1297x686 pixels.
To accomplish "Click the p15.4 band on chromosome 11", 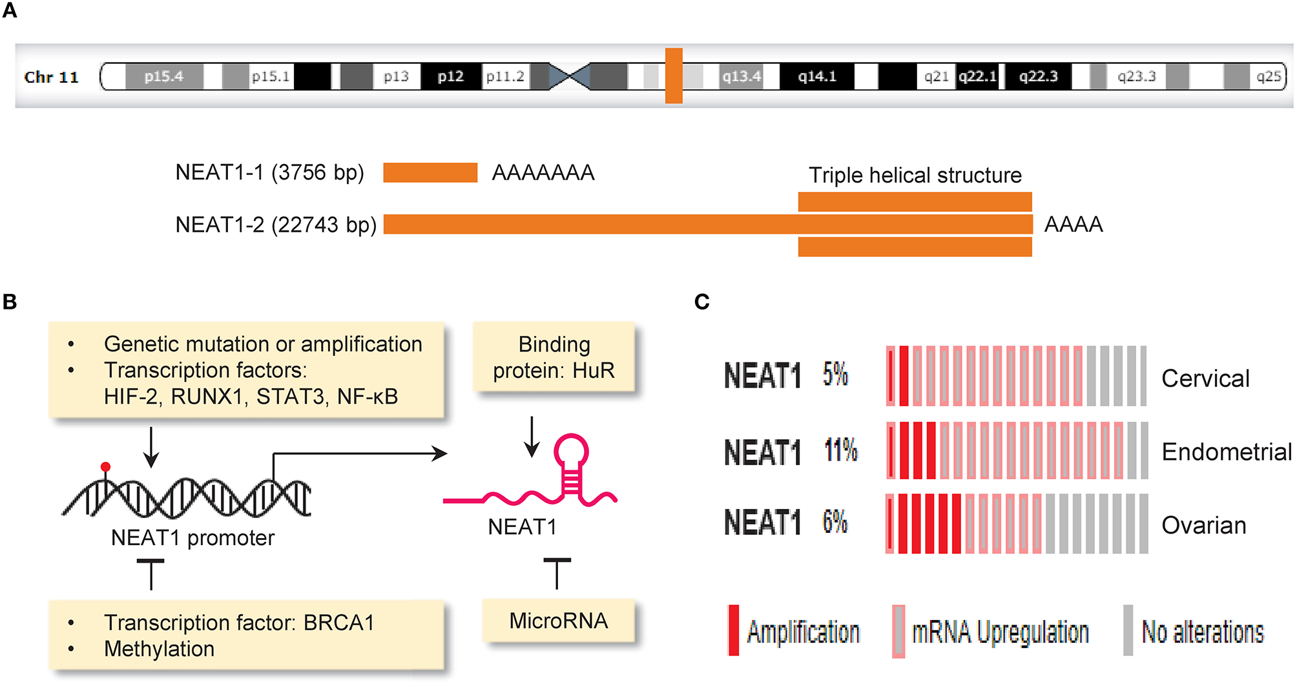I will coord(164,77).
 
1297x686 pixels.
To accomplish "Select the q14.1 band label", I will coord(816,77).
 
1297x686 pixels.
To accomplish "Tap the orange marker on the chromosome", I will coord(674,76).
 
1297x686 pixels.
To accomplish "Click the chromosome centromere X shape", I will coord(569,76).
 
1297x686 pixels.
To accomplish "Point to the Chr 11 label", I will coord(52,78).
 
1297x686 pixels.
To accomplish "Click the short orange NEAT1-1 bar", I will coord(430,172).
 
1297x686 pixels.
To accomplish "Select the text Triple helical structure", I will coord(915,175).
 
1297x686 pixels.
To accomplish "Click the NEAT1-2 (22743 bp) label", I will coord(276,225).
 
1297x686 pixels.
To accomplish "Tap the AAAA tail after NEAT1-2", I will coord(1073,225).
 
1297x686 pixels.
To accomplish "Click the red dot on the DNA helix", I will coord(105,466).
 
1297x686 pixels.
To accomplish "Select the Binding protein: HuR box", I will coord(554,357).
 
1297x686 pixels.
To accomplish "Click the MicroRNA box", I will coord(558,621).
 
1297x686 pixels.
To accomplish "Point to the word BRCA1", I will coord(339,623).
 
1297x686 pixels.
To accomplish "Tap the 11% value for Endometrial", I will coord(840,450).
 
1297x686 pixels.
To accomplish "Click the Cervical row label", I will coord(1205,379).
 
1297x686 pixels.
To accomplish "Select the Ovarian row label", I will coord(1203,525).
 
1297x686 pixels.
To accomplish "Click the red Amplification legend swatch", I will coord(733,630).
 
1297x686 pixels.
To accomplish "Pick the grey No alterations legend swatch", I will coord(1128,630).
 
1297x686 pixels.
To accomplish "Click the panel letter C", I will coord(701,302).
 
